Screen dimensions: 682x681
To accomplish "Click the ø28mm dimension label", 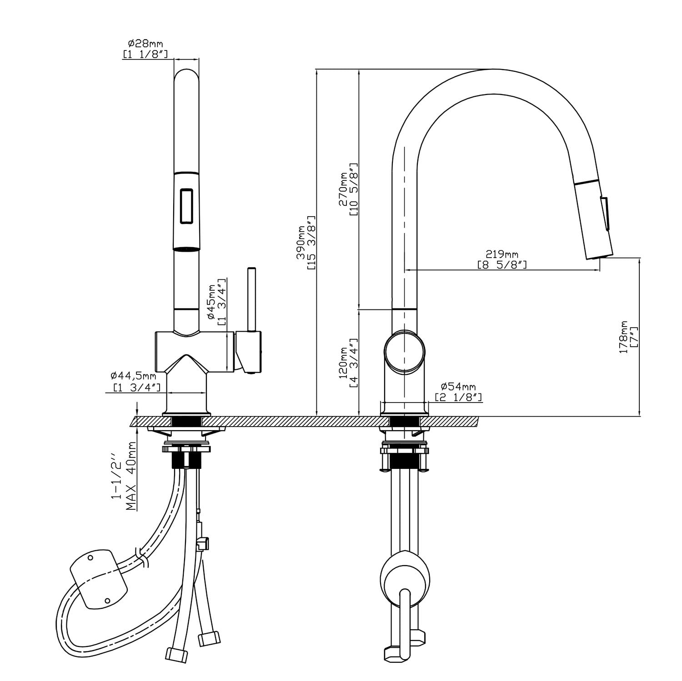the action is click(145, 44).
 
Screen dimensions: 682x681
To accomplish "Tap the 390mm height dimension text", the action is click(301, 243).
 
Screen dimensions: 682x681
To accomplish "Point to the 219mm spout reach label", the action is click(501, 254).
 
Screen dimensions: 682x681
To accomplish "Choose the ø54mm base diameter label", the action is click(458, 387).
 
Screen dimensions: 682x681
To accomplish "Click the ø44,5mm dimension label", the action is click(133, 376).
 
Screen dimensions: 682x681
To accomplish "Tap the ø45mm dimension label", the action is click(211, 302).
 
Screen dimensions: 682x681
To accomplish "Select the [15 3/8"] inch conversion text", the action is click(311, 243).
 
